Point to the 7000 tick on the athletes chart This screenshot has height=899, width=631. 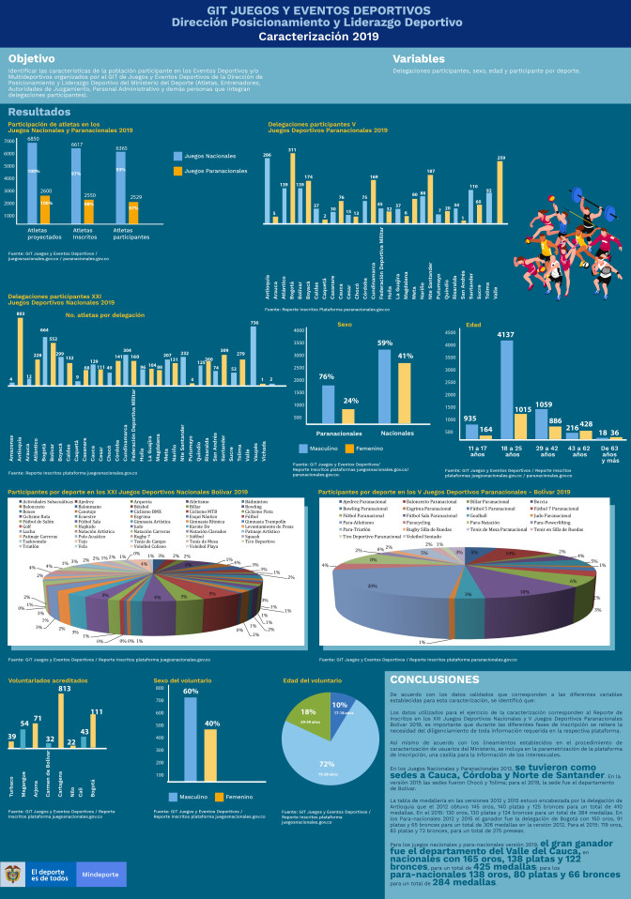pos(9,143)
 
